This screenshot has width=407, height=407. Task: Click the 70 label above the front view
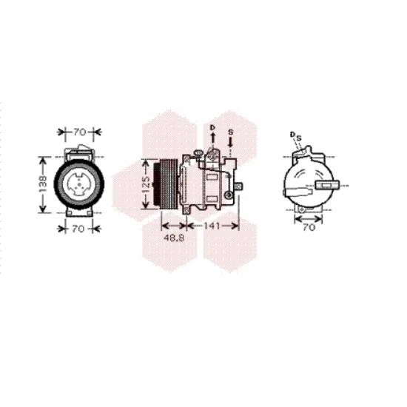(78, 132)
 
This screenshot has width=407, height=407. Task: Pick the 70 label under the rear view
(309, 228)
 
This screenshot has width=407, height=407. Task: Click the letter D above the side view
(211, 128)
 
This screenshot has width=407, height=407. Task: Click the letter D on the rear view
(292, 134)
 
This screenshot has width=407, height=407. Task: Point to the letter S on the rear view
(299, 137)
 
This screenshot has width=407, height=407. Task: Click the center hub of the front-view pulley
(78, 182)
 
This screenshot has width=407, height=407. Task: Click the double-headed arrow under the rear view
(309, 218)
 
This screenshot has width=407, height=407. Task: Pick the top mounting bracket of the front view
(78, 152)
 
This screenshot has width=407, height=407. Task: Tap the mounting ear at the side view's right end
(235, 195)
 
